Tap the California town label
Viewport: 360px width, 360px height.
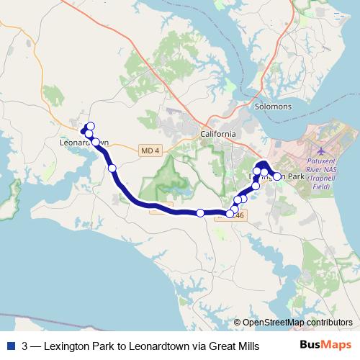tap(217, 135)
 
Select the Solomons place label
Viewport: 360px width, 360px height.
tap(274, 107)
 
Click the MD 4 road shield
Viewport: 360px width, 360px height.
tap(149, 150)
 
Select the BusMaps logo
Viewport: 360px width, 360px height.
tap(325, 346)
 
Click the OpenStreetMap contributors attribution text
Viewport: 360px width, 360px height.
tap(297, 323)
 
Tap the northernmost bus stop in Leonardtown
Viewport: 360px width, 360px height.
tap(91, 126)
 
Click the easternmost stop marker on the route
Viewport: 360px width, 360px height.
tap(277, 176)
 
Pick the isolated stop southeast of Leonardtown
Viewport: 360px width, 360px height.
tap(112, 168)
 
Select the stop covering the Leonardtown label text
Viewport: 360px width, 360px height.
tap(96, 143)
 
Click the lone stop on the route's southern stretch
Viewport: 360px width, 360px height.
tap(200, 212)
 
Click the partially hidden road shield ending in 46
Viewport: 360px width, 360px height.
tap(239, 215)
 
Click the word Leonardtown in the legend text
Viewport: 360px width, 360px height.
tap(151, 346)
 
